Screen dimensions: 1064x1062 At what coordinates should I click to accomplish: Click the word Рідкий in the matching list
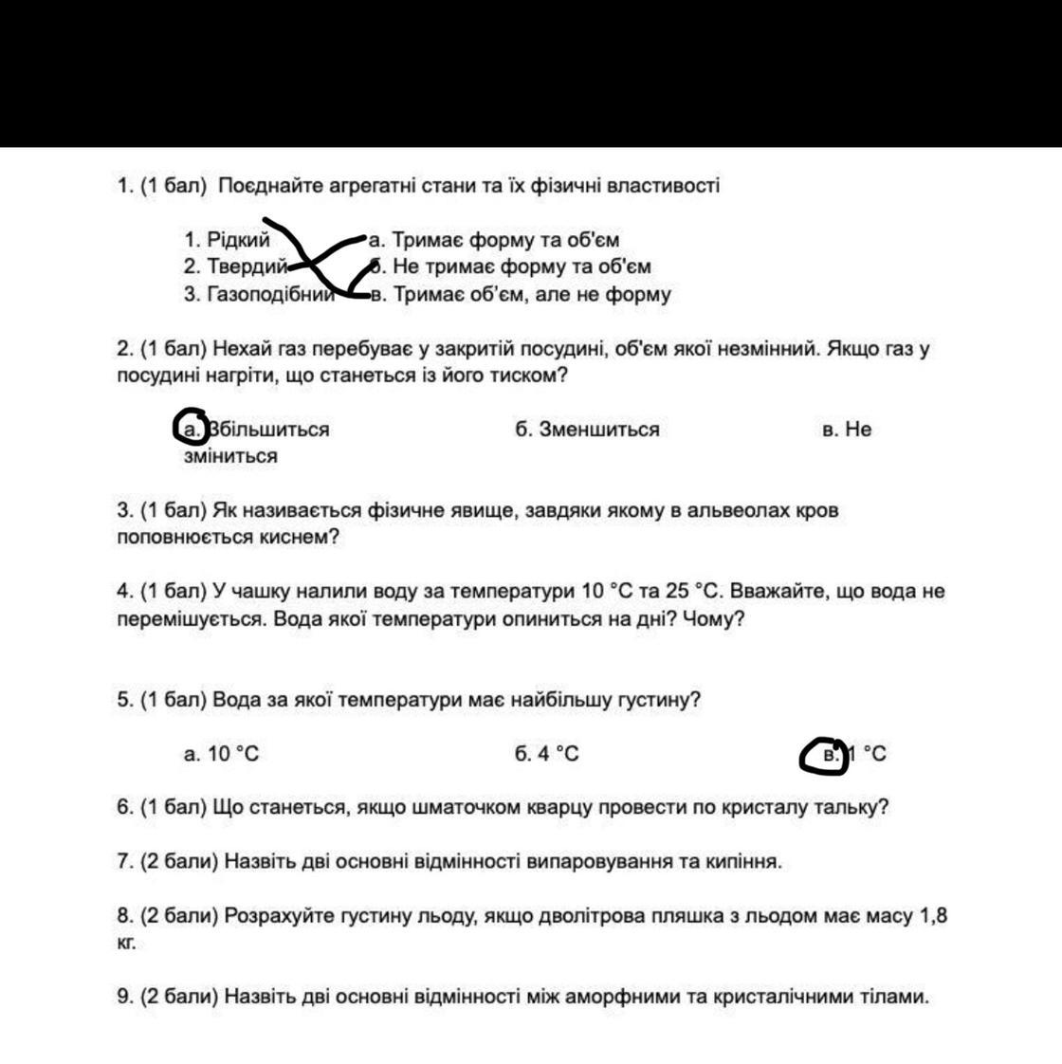pos(238,241)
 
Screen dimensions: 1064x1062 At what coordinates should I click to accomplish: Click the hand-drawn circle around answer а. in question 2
pos(192,428)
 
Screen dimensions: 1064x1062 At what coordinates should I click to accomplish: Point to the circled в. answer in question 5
pos(824,756)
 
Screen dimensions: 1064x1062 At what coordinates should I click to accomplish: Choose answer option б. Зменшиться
pos(587,430)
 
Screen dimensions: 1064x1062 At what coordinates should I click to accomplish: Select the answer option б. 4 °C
pos(547,754)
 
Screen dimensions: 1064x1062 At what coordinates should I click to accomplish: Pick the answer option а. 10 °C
pos(221,754)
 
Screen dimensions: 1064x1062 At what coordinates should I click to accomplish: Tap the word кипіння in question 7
pos(744,862)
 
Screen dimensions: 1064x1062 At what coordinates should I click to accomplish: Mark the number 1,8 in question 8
pos(933,916)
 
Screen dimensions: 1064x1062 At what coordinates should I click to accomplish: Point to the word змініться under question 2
pos(230,456)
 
